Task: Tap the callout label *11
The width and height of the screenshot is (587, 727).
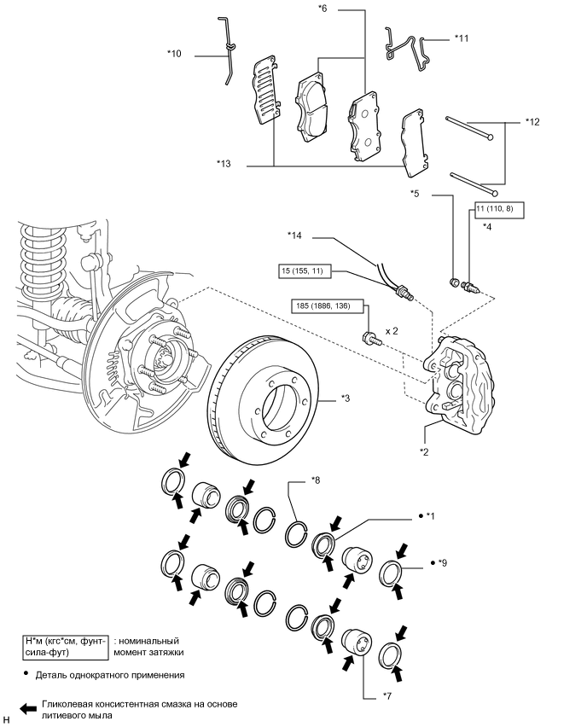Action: point(462,38)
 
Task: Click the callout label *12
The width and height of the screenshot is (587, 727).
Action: point(532,121)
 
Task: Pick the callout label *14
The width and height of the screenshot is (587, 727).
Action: point(294,235)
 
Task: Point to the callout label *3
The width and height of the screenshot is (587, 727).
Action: point(346,398)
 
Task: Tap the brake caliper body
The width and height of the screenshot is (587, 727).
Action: point(460,375)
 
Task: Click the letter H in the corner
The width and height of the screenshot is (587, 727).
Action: point(7,719)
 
